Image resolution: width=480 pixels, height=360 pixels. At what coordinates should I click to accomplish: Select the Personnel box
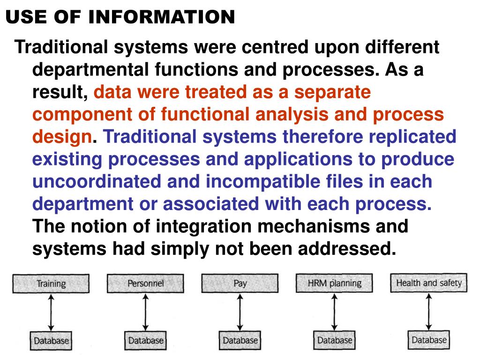[x=145, y=284]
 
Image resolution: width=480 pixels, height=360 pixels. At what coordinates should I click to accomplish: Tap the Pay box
[x=240, y=284]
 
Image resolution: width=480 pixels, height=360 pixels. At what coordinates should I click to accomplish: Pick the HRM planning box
[x=335, y=283]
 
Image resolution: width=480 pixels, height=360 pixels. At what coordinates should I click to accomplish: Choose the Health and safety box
[x=428, y=283]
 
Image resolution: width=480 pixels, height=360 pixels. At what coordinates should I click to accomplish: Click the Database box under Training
[x=51, y=341]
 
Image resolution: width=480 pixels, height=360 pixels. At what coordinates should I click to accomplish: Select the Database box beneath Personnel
[x=146, y=341]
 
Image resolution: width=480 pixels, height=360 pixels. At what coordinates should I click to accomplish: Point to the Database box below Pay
[x=240, y=341]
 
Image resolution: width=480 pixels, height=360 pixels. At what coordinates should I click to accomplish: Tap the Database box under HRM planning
[x=335, y=340]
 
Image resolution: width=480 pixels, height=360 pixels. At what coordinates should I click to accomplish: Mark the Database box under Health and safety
[x=429, y=340]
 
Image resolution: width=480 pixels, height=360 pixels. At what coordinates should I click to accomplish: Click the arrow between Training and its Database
[x=51, y=312]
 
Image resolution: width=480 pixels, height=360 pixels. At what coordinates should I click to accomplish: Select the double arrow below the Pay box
[x=240, y=312]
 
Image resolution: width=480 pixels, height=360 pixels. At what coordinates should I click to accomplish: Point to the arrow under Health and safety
[x=429, y=312]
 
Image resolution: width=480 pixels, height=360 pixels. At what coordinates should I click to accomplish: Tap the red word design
[x=62, y=137]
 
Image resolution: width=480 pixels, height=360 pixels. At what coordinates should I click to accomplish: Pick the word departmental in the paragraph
[x=88, y=70]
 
